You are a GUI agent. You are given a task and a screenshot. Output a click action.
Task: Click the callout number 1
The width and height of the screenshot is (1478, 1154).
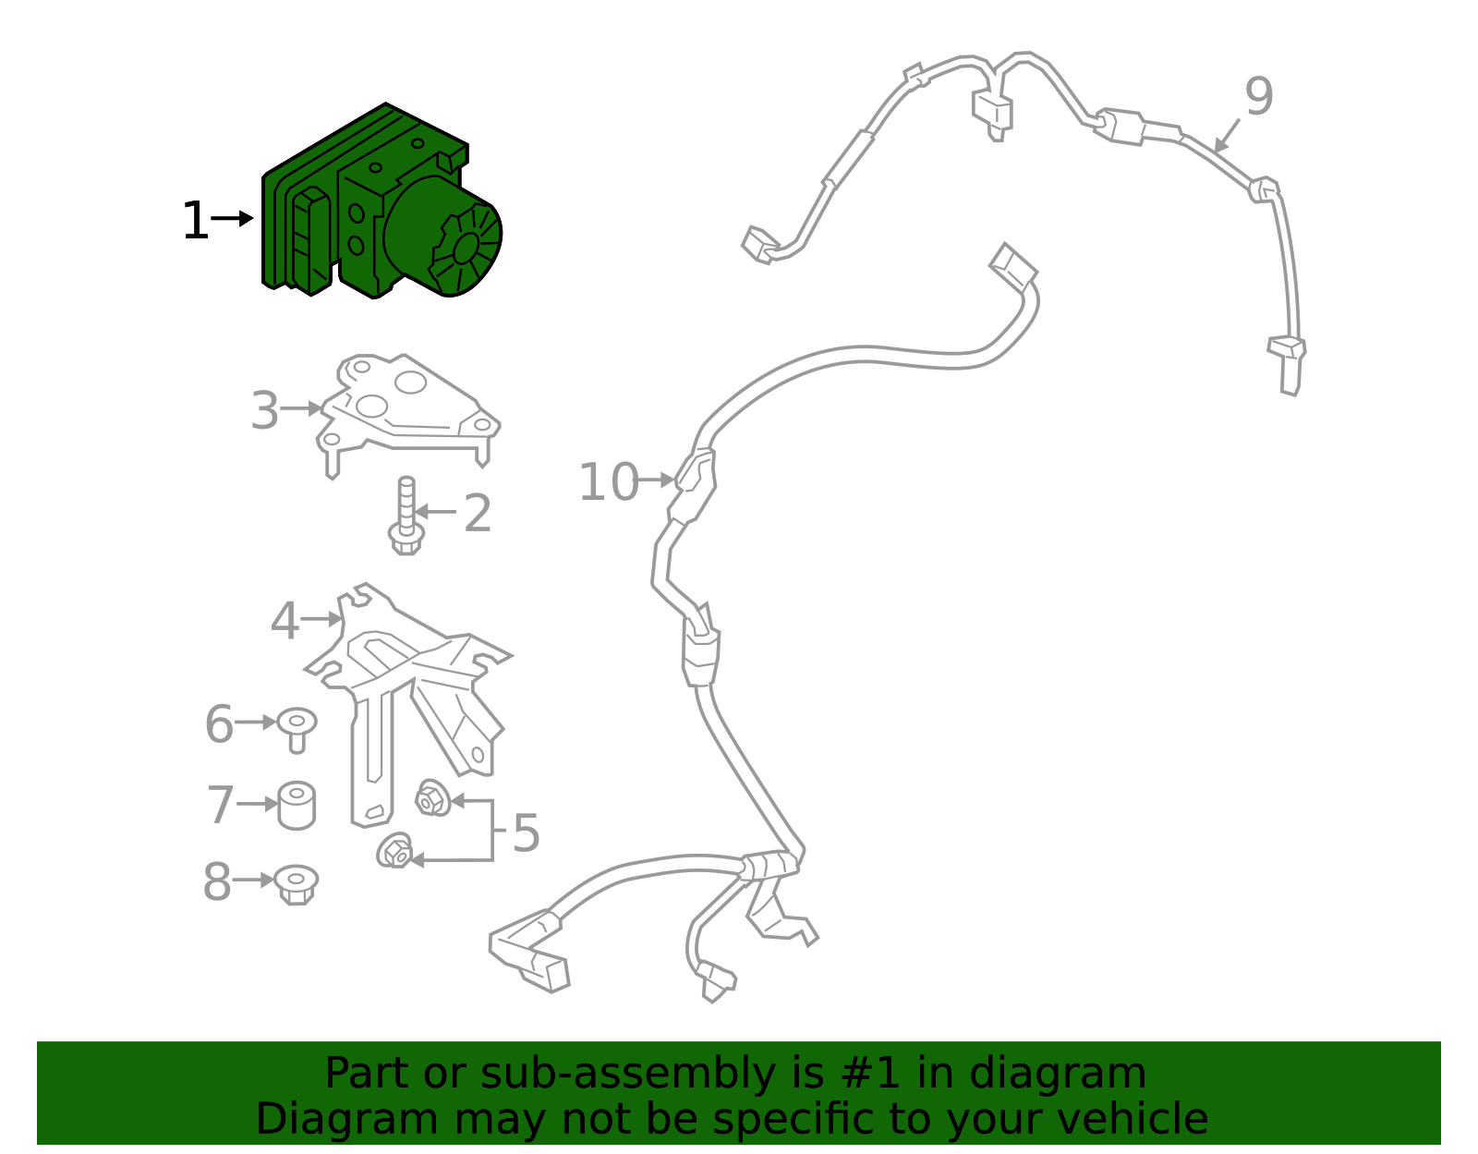[x=195, y=222]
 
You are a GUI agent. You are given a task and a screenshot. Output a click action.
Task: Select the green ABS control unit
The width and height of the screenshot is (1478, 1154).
[x=369, y=203]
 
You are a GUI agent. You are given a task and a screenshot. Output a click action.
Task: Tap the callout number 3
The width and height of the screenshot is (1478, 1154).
[x=264, y=411]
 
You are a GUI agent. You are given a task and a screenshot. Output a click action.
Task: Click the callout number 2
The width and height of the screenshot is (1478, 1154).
[x=477, y=513]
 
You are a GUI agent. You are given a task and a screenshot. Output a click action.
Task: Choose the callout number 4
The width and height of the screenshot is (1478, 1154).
[x=285, y=621]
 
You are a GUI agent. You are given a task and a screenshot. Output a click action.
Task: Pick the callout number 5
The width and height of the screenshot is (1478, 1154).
[x=526, y=833]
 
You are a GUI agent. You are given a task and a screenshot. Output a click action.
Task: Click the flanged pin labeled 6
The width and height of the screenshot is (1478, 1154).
[x=297, y=727]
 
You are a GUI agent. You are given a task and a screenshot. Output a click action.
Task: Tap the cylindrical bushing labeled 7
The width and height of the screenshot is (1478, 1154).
[x=297, y=806]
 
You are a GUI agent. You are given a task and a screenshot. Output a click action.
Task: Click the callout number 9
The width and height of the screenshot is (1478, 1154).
[x=1258, y=97]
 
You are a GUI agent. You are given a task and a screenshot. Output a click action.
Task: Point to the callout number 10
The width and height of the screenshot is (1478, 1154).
[x=608, y=482]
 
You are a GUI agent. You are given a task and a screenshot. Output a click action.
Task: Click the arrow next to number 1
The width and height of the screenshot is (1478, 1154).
[x=232, y=219]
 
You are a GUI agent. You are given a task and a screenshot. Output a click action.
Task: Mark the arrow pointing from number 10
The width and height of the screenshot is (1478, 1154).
[x=657, y=480]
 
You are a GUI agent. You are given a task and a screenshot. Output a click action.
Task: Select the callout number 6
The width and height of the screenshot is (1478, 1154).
[x=219, y=724]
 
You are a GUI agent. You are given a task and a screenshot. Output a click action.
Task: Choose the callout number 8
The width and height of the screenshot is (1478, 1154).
[x=217, y=882]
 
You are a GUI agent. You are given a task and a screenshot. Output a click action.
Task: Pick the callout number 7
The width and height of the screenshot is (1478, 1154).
[x=220, y=806]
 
